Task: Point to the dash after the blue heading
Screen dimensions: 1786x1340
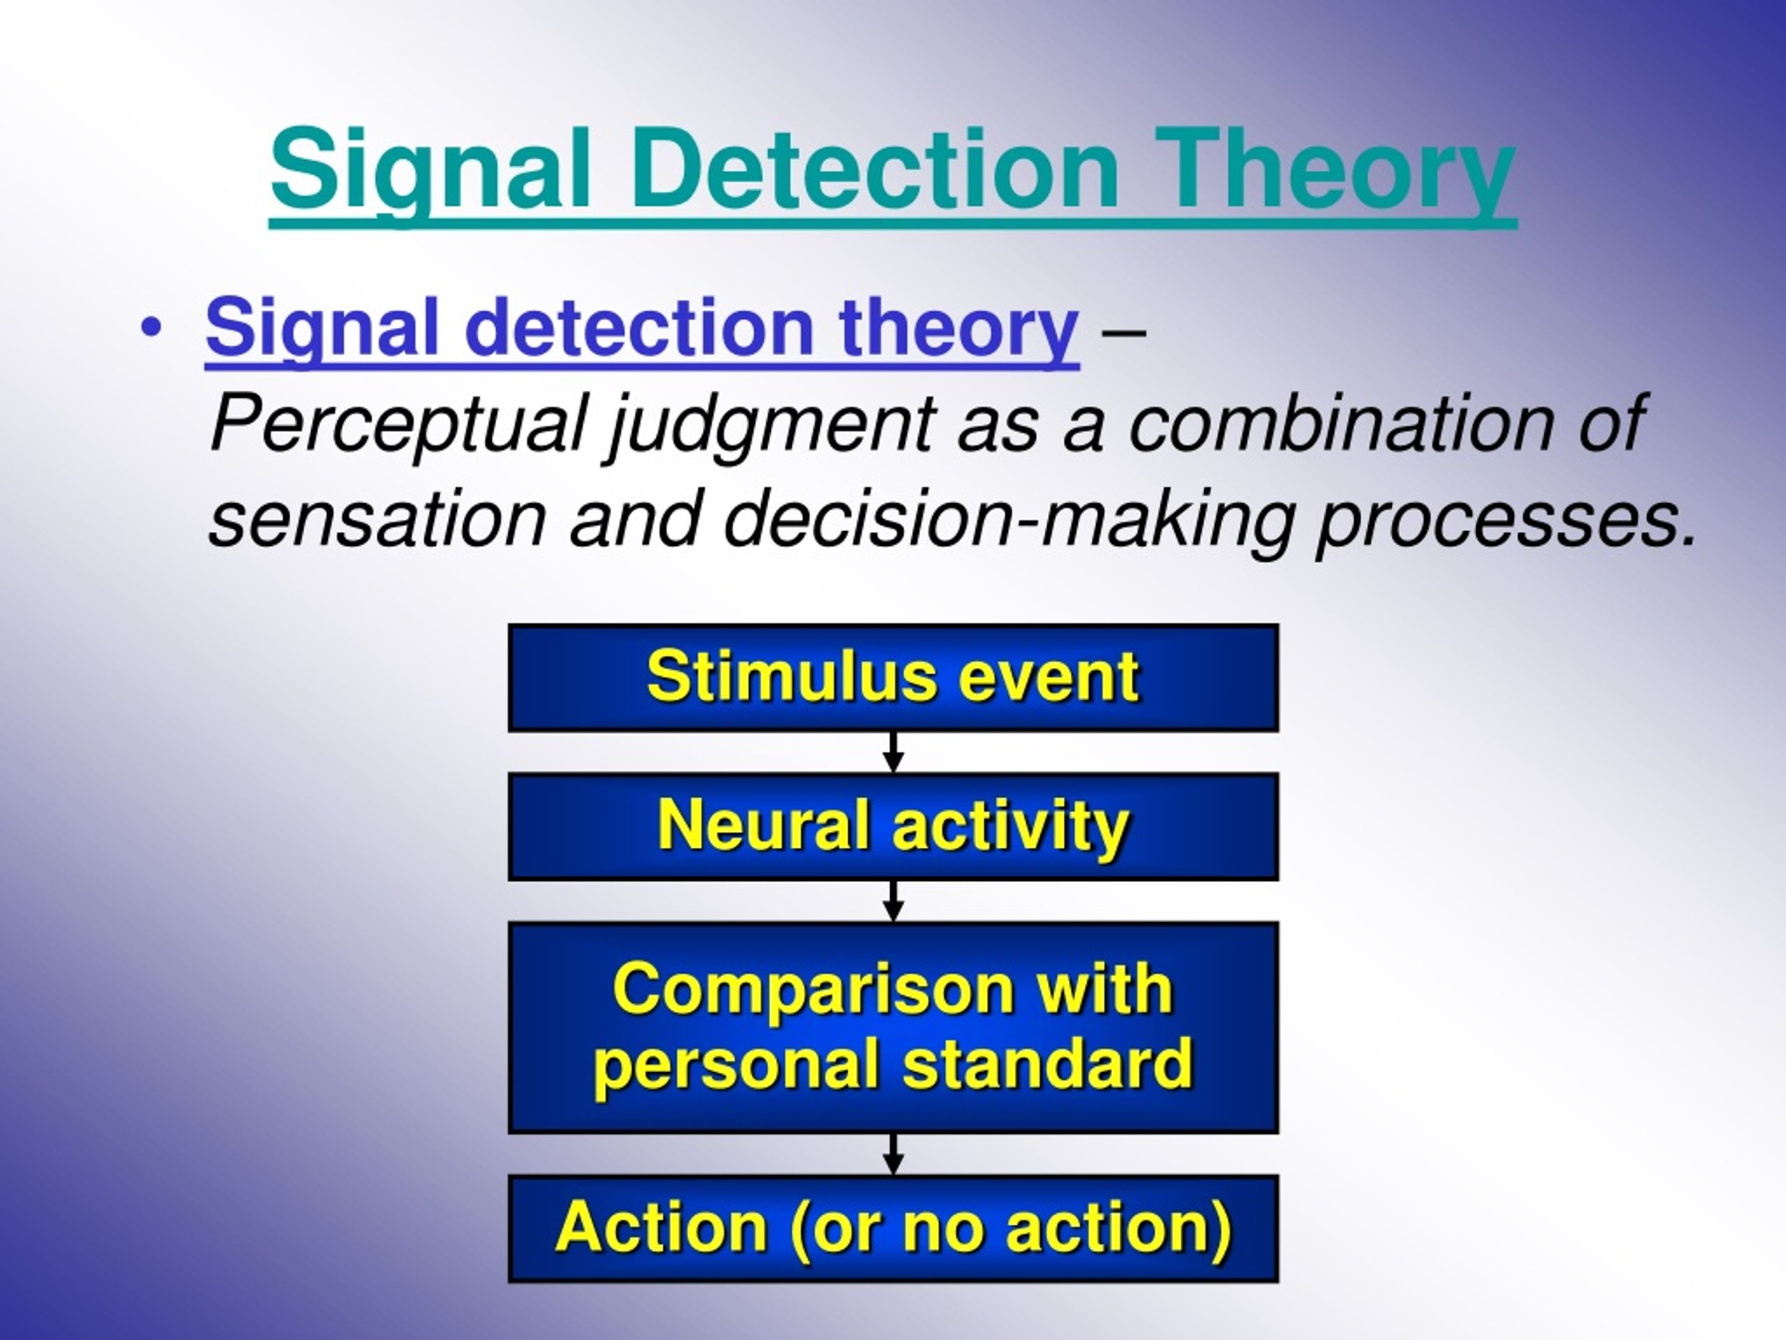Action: coord(1123,333)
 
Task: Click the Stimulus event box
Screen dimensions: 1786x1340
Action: coord(892,678)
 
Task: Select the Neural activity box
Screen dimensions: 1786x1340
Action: coord(892,826)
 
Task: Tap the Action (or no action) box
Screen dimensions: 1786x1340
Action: coord(892,1228)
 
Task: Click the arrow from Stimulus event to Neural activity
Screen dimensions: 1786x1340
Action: coord(892,752)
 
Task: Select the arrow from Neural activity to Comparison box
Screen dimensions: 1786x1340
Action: coord(892,900)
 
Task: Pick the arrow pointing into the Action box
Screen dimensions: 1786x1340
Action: coord(892,1154)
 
